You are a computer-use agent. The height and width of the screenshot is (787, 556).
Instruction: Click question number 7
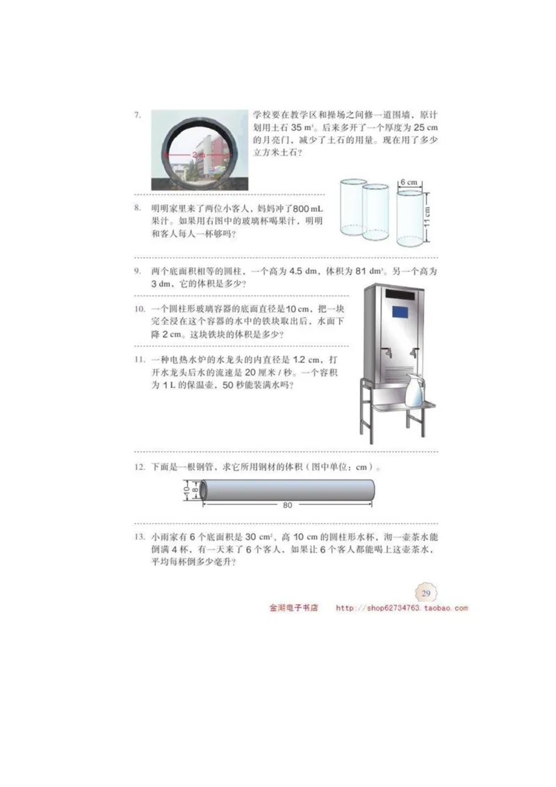pyautogui.click(x=138, y=115)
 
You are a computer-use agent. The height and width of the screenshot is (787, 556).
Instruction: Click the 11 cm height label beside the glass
pyautogui.click(x=428, y=220)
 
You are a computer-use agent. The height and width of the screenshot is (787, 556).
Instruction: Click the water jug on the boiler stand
pyautogui.click(x=416, y=391)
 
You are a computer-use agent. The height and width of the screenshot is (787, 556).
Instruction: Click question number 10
pyautogui.click(x=139, y=309)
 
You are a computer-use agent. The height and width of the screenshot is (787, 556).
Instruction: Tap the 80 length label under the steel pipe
pyautogui.click(x=288, y=505)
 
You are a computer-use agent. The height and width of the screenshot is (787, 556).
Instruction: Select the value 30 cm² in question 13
pyautogui.click(x=240, y=537)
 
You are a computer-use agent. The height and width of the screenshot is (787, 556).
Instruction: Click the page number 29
pyautogui.click(x=426, y=592)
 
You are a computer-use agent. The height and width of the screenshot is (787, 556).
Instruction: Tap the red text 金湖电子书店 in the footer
pyautogui.click(x=293, y=608)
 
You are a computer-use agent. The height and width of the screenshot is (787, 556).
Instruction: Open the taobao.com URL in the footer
pyautogui.click(x=402, y=608)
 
